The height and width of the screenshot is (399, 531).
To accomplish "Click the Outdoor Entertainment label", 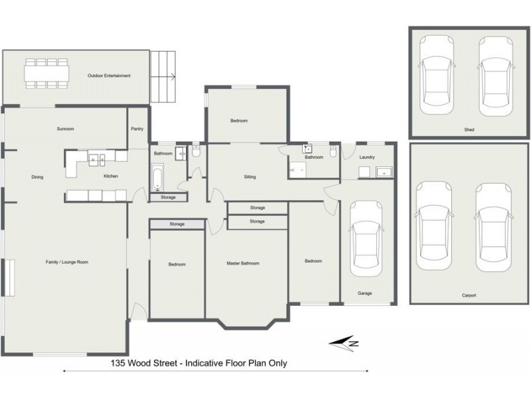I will tap(109, 76).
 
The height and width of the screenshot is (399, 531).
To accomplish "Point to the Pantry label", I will tap(137, 129).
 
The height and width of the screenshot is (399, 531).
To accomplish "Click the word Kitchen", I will tap(110, 176).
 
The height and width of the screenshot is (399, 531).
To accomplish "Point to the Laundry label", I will tap(367, 158).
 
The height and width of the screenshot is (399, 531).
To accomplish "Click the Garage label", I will tap(364, 292).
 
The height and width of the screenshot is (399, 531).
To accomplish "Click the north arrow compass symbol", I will tap(346, 343).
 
